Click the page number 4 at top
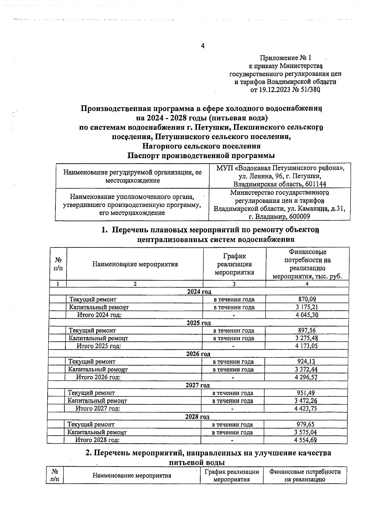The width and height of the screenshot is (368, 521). point(202,46)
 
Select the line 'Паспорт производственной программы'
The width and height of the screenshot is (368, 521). point(201,156)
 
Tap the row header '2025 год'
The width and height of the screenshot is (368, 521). point(199,323)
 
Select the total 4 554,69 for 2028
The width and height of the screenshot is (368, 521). point(305,440)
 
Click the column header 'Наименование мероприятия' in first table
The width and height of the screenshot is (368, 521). point(135,264)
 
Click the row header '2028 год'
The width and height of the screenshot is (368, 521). point(197,417)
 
